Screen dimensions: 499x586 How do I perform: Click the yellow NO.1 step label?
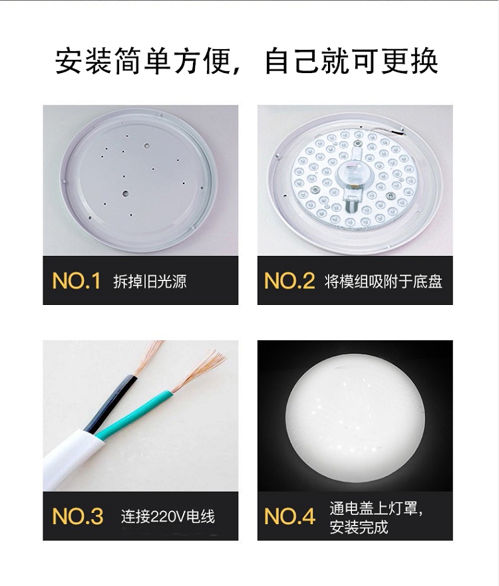pos(77,280)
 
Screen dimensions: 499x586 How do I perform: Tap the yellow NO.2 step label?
pos(289,280)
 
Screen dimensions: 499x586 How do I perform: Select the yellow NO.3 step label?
pos(77,516)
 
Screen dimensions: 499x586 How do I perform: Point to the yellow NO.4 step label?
pos(289,516)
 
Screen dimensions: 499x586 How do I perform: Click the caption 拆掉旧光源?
pos(150,281)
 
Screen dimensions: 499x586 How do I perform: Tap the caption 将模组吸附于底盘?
pos(383,281)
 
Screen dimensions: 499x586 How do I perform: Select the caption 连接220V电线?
pos(168,516)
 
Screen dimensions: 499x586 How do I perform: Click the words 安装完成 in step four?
pos(359,527)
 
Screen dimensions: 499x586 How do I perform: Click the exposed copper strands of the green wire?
pos(198,370)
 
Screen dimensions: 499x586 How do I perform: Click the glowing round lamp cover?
pos(355,414)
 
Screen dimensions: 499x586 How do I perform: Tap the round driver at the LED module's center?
pos(354,175)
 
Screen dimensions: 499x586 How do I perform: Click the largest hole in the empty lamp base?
pos(125,193)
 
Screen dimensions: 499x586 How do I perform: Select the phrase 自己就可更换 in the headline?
pos(351,61)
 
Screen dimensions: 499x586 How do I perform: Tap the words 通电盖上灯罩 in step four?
pos(375,508)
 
